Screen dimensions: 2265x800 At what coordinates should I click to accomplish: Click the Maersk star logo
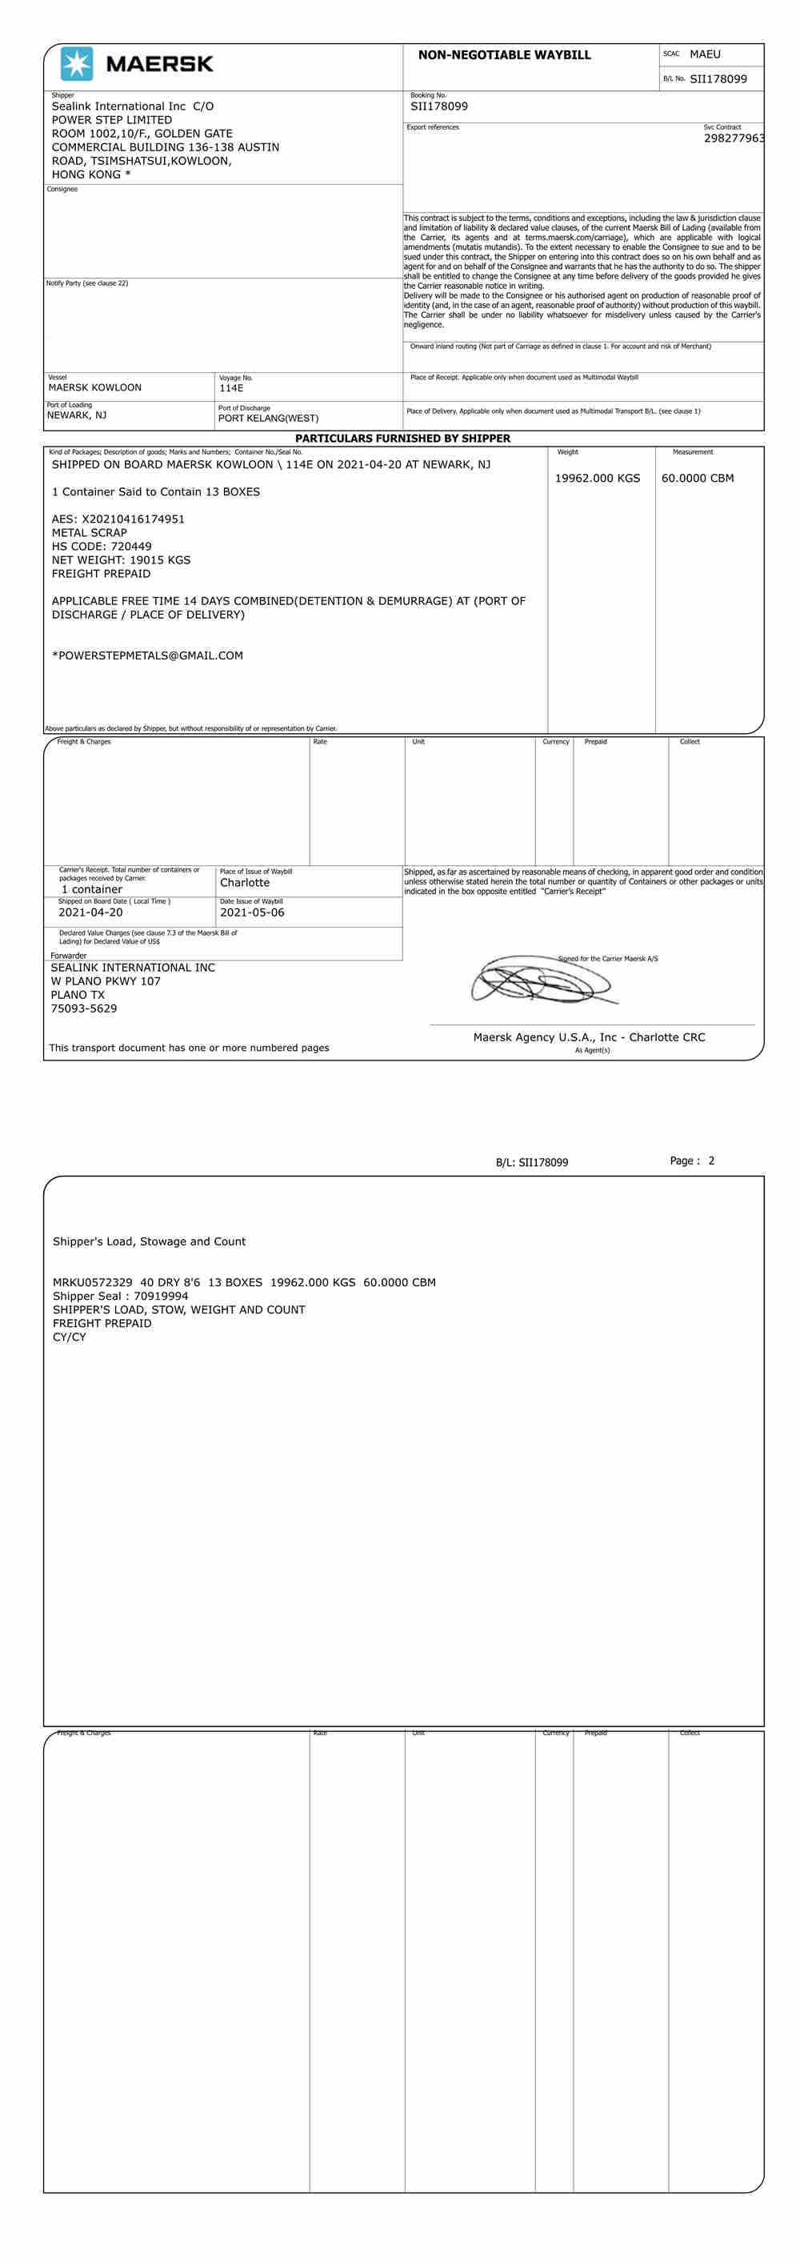pyautogui.click(x=77, y=64)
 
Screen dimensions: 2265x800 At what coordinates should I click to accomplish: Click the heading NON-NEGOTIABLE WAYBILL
pyautogui.click(x=504, y=55)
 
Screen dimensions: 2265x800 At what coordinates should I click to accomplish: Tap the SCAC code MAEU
pyautogui.click(x=705, y=54)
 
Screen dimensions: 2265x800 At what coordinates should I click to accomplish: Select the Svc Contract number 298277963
pyautogui.click(x=733, y=138)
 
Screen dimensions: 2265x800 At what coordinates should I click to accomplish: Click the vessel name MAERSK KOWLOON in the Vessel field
pyautogui.click(x=95, y=387)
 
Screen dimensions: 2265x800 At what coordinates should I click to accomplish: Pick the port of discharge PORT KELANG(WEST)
pyautogui.click(x=268, y=419)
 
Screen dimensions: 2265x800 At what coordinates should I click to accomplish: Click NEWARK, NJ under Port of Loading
pyautogui.click(x=77, y=416)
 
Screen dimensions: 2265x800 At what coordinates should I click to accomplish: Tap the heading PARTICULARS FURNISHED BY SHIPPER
pyautogui.click(x=402, y=439)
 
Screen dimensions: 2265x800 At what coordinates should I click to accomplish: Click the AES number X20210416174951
pyautogui.click(x=133, y=519)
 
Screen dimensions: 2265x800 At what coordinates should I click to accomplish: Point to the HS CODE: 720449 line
pyautogui.click(x=101, y=547)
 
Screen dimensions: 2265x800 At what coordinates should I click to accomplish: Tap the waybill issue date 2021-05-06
pyautogui.click(x=252, y=912)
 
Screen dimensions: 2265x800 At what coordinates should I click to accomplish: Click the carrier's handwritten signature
pyautogui.click(x=541, y=980)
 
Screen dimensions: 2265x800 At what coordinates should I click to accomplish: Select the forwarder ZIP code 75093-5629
pyautogui.click(x=83, y=1008)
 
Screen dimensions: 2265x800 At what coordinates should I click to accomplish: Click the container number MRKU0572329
pyautogui.click(x=92, y=1283)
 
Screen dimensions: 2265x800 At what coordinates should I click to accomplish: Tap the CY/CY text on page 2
pyautogui.click(x=70, y=1337)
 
